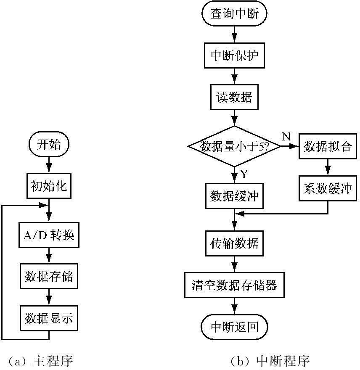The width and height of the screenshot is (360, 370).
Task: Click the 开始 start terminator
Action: pos(49,145)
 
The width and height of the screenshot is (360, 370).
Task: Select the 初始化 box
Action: pos(49,185)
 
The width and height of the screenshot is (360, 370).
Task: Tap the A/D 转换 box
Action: pos(49,235)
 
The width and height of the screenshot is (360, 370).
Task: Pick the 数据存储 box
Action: pos(49,276)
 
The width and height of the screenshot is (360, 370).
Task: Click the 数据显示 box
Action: pos(49,318)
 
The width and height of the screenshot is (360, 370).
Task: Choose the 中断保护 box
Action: pos(234,55)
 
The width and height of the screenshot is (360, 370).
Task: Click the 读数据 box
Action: pos(234,97)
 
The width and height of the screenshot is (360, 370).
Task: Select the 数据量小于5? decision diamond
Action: pos(234,146)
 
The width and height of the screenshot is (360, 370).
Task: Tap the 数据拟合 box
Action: pos(328,146)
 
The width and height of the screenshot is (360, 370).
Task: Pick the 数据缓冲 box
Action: pos(234,196)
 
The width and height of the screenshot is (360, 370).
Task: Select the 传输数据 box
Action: pos(234,243)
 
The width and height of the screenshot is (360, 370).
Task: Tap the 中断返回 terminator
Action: pos(234,327)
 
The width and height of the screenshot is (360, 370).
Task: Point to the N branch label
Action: pos(286,136)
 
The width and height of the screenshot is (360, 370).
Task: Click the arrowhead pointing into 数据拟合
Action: pos(294,146)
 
